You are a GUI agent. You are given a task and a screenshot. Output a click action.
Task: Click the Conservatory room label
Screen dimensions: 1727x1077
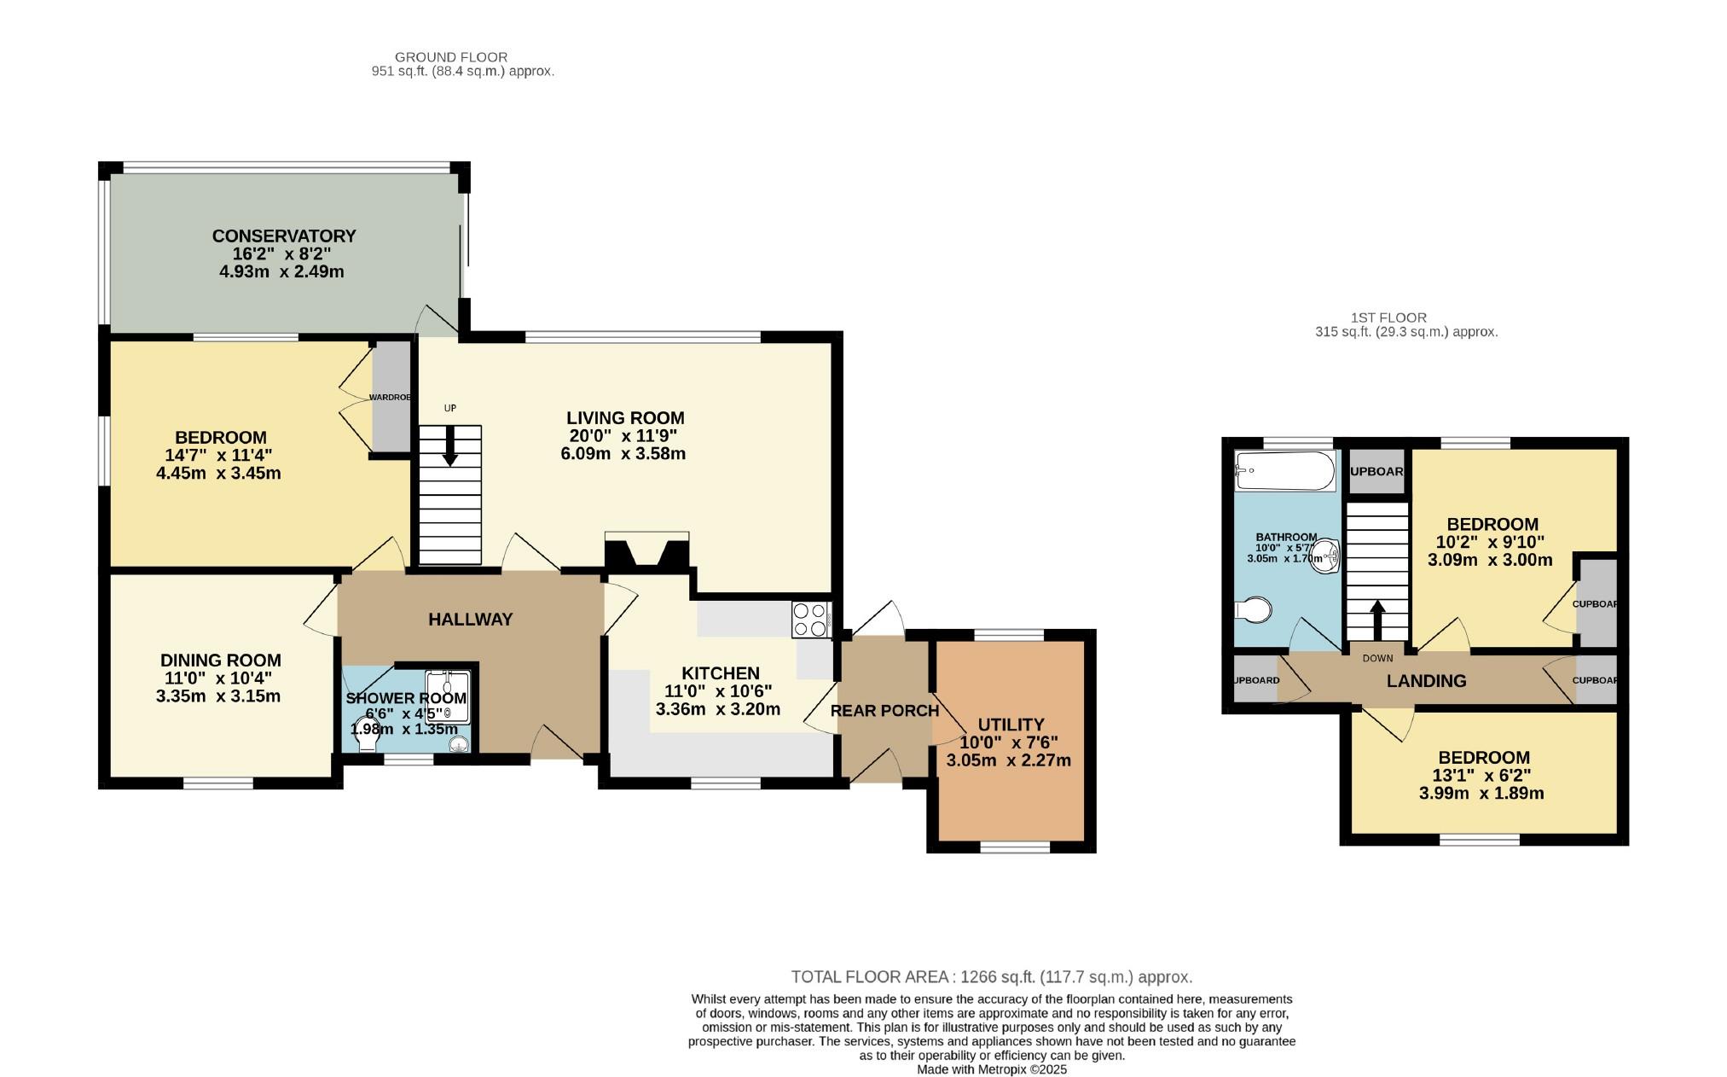[284, 236]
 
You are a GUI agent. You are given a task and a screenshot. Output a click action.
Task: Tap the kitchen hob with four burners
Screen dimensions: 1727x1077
[811, 620]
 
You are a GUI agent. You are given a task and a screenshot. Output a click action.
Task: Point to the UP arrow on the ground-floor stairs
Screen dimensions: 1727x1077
[450, 445]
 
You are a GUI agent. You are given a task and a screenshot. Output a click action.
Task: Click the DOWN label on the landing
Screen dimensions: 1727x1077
[1377, 658]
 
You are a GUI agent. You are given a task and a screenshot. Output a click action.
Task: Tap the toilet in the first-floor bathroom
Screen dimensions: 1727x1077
[1253, 610]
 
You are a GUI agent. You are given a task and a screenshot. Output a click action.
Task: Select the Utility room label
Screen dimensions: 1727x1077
[1011, 725]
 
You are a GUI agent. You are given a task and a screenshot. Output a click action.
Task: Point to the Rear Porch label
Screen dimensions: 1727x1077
[885, 710]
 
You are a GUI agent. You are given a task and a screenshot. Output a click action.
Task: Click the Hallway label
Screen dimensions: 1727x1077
[470, 620]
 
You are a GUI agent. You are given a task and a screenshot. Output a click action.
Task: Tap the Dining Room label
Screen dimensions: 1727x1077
[221, 660]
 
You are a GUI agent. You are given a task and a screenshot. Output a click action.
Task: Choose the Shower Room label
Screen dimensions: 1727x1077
[406, 698]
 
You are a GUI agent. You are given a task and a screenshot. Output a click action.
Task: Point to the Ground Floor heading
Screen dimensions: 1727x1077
[451, 57]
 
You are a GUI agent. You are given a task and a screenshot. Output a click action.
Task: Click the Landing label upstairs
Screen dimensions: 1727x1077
[1427, 681]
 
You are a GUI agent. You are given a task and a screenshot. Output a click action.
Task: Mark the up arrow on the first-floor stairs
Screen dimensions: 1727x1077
[1377, 620]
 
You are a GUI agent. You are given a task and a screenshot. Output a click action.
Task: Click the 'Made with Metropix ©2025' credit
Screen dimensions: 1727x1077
[992, 1069]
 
